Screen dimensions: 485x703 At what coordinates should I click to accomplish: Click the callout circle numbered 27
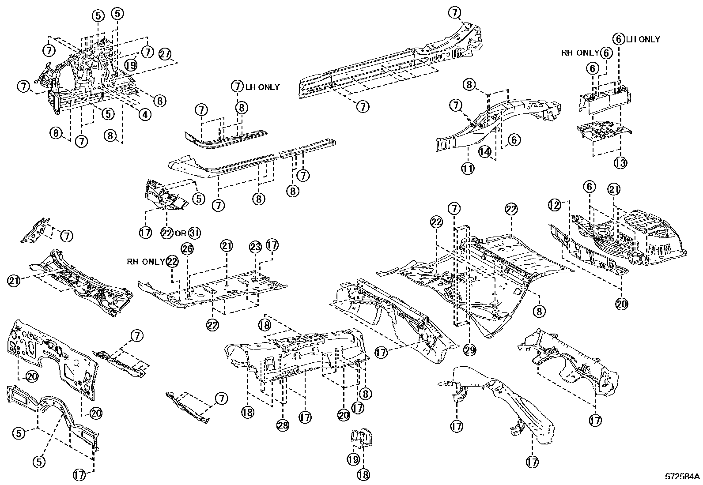click(x=165, y=54)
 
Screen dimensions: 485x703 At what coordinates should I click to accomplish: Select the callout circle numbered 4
click(x=145, y=114)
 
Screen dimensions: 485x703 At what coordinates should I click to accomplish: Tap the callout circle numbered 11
click(x=468, y=168)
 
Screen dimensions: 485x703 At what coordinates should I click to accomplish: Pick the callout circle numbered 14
click(x=484, y=152)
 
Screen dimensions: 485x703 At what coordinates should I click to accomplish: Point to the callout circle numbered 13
click(x=620, y=163)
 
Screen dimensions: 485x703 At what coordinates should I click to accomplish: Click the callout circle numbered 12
click(x=555, y=205)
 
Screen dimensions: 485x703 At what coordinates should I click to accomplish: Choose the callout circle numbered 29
click(x=469, y=350)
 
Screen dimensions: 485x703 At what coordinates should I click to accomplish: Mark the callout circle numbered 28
click(x=283, y=425)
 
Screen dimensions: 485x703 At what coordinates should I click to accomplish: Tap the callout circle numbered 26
click(x=187, y=249)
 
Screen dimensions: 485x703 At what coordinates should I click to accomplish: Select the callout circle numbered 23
click(x=256, y=247)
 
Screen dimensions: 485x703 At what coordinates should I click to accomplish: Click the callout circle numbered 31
click(x=194, y=233)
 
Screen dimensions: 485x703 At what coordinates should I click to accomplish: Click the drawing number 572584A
click(x=683, y=477)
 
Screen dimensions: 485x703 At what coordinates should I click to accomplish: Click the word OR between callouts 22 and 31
click(x=180, y=233)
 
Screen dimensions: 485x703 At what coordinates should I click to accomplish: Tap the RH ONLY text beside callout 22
click(x=146, y=261)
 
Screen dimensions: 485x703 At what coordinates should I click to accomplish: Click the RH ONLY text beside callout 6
click(x=580, y=53)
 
